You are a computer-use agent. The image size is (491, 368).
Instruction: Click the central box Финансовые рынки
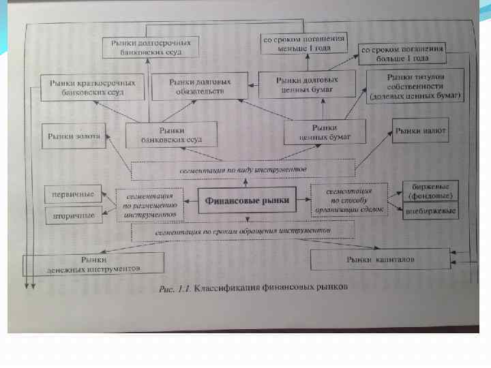[248, 200]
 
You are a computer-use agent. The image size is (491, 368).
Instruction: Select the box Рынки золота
[74, 136]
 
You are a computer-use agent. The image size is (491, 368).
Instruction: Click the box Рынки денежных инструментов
[94, 264]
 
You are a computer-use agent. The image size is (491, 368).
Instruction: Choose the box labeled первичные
[74, 193]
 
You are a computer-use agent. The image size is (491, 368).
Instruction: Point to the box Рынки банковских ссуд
[172, 134]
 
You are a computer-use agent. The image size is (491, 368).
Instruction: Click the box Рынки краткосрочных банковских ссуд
[93, 87]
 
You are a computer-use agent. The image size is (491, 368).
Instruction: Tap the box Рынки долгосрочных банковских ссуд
[151, 46]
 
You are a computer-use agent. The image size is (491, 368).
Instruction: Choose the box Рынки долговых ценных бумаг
[308, 84]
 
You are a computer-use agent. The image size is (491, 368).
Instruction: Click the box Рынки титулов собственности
[415, 87]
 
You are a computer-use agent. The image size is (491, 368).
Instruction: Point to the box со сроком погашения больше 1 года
[402, 54]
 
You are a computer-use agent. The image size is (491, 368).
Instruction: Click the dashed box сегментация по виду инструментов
[243, 168]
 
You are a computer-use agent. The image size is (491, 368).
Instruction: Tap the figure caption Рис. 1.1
[253, 288]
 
